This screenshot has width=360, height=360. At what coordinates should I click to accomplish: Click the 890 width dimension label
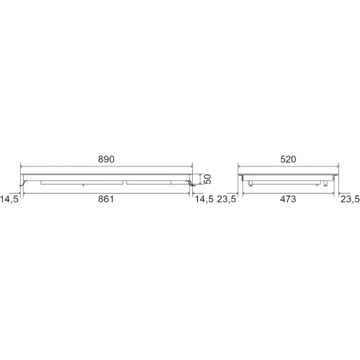click(106, 159)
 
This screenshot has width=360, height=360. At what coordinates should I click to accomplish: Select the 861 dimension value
click(106, 199)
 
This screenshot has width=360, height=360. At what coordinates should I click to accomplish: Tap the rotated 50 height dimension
click(207, 179)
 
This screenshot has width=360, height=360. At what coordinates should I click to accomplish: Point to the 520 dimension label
click(288, 159)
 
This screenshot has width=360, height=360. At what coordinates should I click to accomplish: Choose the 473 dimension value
click(288, 199)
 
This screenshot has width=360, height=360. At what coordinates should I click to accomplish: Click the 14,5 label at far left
click(9, 199)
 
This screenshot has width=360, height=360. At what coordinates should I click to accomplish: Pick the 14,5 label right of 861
click(204, 199)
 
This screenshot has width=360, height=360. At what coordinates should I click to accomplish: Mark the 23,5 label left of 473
click(227, 199)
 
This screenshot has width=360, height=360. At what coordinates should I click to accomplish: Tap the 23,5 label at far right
click(350, 199)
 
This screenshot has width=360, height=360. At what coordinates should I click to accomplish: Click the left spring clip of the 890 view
click(23, 184)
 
